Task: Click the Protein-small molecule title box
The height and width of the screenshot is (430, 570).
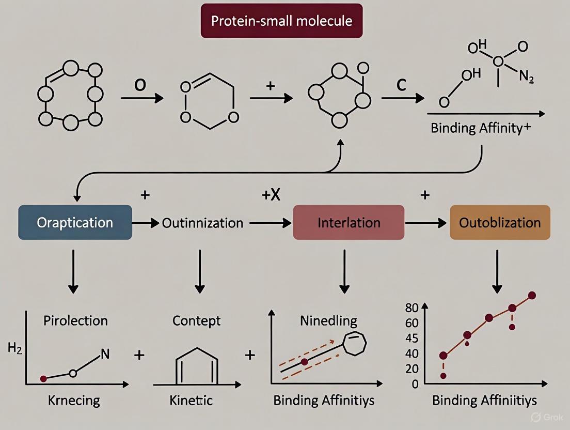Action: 281,21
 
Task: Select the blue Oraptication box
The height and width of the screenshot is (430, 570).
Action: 75,222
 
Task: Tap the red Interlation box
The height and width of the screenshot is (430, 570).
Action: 349,222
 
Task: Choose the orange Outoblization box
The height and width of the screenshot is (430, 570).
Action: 500,222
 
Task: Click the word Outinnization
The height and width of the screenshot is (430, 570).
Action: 202,223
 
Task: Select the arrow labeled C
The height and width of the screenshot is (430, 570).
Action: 403,97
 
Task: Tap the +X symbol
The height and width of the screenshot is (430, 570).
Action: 271,195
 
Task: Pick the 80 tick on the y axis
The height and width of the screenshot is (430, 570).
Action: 411,309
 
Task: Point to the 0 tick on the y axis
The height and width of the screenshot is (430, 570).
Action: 415,385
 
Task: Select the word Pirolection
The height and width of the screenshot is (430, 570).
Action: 76,320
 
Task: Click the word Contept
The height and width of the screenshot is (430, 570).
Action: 196,320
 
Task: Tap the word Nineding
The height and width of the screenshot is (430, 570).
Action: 328,320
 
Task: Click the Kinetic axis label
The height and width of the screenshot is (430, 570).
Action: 191,400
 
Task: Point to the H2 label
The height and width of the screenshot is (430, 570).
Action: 15,349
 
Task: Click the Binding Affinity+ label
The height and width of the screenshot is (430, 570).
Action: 481,128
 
